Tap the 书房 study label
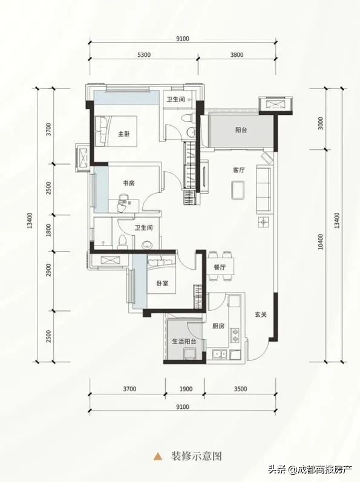[128, 183]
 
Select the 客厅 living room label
[239, 170]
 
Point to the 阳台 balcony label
[241, 130]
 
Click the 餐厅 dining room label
[220, 267]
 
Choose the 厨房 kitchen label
[218, 326]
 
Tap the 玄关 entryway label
[261, 314]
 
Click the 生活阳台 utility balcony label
[185, 341]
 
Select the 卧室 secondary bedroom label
[162, 284]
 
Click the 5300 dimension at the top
[144, 54]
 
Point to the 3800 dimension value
[237, 54]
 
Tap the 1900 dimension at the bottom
[186, 389]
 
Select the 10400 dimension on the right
[321, 242]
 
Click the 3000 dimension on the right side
[321, 123]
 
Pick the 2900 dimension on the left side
[48, 270]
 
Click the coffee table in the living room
[238, 189]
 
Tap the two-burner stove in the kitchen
[235, 335]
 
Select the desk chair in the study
[123, 203]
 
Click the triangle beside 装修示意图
[158, 455]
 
